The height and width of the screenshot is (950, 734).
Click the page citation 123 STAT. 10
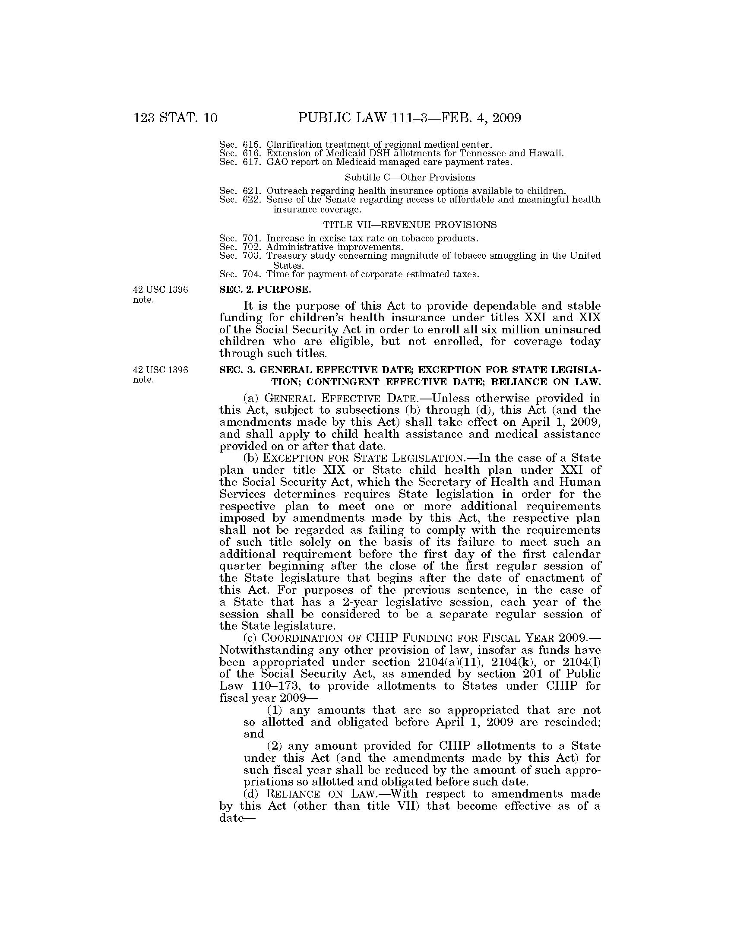pyautogui.click(x=175, y=118)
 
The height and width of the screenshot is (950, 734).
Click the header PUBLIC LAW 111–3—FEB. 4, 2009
pyautogui.click(x=409, y=118)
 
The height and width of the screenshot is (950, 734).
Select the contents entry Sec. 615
pyautogui.click(x=355, y=144)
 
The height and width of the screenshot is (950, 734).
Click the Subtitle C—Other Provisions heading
pyautogui.click(x=410, y=177)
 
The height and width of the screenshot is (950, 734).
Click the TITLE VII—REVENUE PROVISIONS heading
pyautogui.click(x=410, y=225)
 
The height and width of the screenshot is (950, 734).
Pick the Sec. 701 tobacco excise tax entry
pyautogui.click(x=349, y=238)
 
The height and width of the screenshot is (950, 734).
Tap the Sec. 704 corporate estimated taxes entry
pyautogui.click(x=349, y=275)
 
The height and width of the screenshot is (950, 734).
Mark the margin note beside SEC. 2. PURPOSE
pyautogui.click(x=160, y=294)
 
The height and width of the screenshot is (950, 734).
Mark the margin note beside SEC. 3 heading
pyautogui.click(x=160, y=374)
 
